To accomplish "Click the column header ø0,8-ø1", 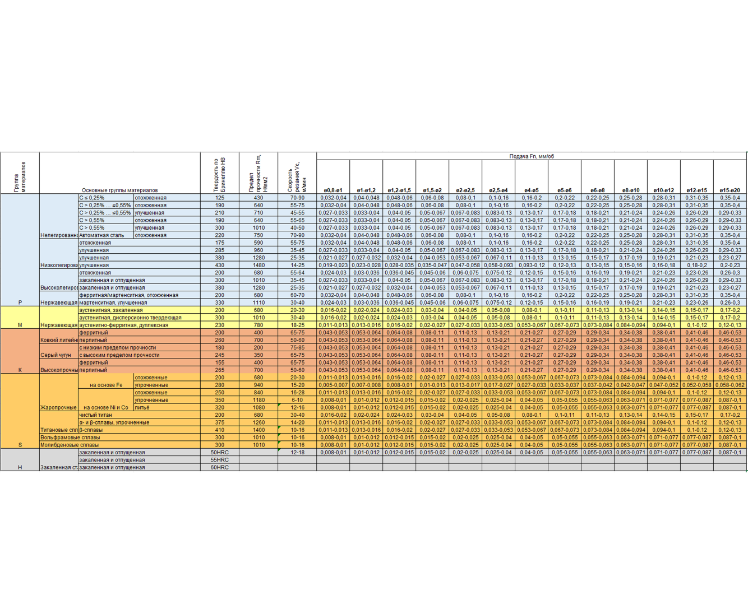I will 333,190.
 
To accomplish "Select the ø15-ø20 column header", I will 730,190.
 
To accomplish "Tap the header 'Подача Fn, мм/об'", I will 532,156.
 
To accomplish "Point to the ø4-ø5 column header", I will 532,190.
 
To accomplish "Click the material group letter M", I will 20,325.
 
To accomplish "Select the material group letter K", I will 20,370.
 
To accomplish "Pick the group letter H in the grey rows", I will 20,467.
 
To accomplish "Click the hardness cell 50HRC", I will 219,452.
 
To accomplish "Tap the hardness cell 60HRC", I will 219,467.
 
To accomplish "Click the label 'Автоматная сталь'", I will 101,235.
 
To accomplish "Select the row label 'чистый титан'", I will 95,415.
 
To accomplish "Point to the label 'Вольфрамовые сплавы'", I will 70,438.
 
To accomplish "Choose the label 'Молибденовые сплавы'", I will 70,445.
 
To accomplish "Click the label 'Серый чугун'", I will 56,355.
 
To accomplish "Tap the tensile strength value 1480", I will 258,265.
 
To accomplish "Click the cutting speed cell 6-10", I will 297,400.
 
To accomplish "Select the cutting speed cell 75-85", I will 297,347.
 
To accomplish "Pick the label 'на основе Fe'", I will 106,385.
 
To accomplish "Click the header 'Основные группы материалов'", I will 119,190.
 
